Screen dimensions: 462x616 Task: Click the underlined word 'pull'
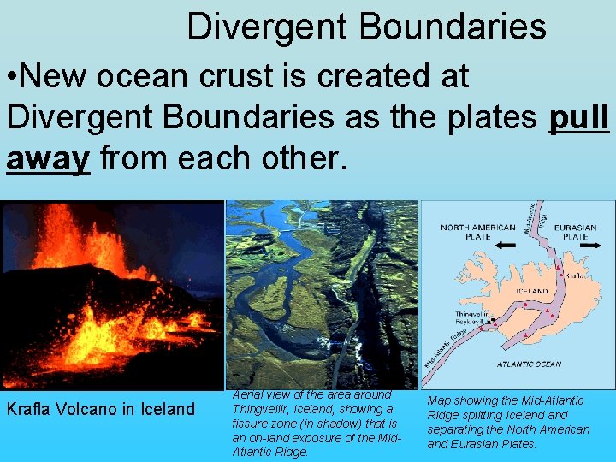click(x=578, y=119)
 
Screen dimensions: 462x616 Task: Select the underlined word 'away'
click(x=48, y=159)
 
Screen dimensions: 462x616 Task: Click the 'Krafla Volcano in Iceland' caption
click(x=101, y=409)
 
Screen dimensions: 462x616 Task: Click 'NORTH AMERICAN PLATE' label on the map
click(x=477, y=232)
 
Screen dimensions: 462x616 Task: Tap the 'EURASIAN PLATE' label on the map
click(x=575, y=232)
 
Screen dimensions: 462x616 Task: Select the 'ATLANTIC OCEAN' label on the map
click(x=530, y=364)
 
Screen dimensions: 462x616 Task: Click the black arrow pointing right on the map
click(x=587, y=246)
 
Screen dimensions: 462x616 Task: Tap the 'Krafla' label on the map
click(x=575, y=275)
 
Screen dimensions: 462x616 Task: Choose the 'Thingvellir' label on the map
click(x=471, y=315)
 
